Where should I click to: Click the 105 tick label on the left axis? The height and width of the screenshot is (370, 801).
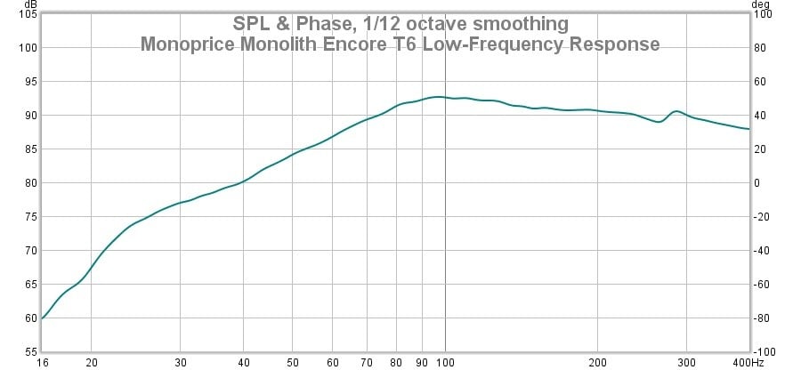tap(25, 15)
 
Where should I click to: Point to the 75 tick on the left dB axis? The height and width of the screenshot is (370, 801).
tap(28, 217)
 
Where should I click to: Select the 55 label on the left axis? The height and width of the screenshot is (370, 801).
tap(28, 352)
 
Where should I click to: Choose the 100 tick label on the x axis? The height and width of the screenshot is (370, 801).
tap(445, 363)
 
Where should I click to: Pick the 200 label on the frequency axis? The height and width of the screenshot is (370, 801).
tap(597, 363)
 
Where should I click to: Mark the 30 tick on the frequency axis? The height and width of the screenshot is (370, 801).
tap(180, 363)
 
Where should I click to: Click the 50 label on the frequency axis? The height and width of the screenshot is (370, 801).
tap(292, 363)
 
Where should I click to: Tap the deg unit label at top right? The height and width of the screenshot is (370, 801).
tap(762, 4)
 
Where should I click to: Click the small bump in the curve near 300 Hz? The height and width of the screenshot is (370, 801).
tap(676, 111)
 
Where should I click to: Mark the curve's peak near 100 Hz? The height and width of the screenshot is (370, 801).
tap(438, 97)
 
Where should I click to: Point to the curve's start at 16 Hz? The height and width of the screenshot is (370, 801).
tap(41, 318)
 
